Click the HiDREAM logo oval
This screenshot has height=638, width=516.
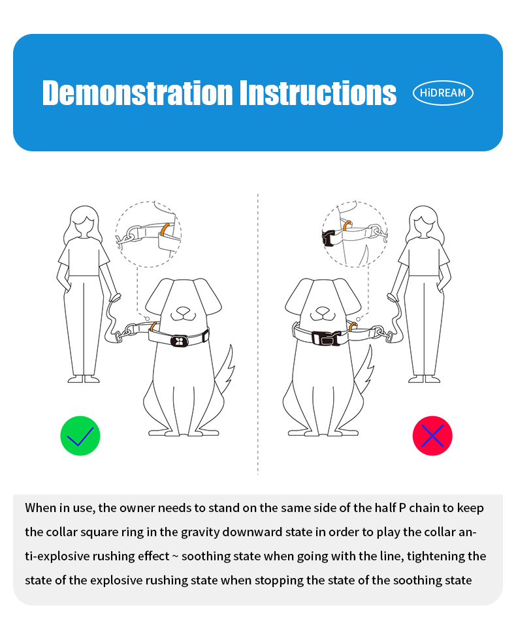click(443, 93)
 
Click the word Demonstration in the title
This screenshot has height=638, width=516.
click(138, 93)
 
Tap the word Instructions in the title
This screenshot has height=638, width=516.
click(317, 93)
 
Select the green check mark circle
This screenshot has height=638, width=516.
click(80, 436)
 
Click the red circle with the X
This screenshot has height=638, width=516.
click(432, 436)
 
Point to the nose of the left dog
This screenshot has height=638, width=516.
click(184, 311)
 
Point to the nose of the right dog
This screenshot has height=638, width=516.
click(323, 311)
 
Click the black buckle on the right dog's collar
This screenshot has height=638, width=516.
click(326, 338)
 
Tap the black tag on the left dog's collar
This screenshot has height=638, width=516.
click(179, 341)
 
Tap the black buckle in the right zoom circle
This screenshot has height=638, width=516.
click(328, 239)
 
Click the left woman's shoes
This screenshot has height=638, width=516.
click(84, 379)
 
